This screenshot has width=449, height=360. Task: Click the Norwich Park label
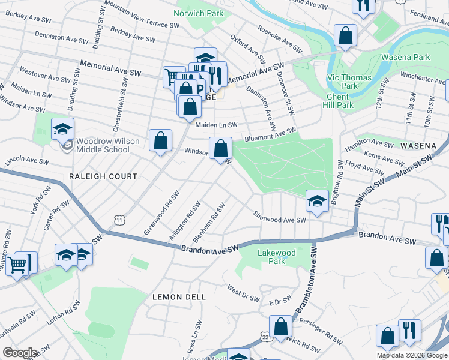(x=198, y=13)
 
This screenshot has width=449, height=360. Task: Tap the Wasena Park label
(x=405, y=58)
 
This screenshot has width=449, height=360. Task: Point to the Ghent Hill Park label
(x=340, y=100)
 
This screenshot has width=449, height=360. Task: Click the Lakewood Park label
(x=276, y=257)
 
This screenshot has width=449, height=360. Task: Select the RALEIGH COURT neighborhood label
(x=103, y=176)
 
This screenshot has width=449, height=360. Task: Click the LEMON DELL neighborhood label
(x=179, y=297)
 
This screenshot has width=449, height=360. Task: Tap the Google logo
(x=20, y=352)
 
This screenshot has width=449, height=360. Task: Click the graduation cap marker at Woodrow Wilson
(x=62, y=130)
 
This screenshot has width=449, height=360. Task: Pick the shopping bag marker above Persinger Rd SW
(x=280, y=327)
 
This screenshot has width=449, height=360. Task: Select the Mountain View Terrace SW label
(x=142, y=14)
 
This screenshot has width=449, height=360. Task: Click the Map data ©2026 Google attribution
(x=412, y=355)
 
